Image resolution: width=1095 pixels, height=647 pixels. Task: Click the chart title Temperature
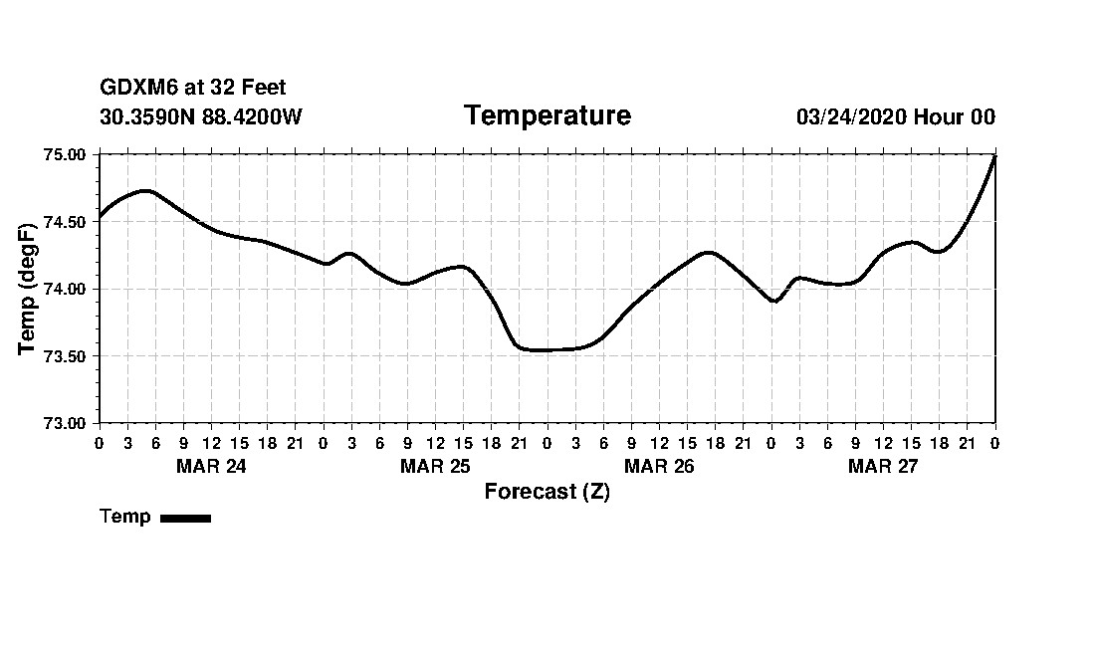tap(547, 116)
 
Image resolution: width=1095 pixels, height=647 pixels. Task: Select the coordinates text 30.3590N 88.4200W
tap(201, 116)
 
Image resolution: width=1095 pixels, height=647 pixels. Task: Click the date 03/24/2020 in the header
tap(851, 116)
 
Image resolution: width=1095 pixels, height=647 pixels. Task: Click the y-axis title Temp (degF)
tap(28, 289)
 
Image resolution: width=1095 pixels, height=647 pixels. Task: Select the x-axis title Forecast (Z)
tap(547, 492)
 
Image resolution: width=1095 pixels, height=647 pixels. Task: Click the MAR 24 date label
tap(211, 466)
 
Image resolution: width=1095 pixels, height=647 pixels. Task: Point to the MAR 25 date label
tap(435, 466)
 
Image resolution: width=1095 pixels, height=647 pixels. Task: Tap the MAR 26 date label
tap(659, 466)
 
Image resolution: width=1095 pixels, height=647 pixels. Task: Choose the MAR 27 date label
tap(883, 466)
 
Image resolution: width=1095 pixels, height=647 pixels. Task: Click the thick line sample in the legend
tap(185, 518)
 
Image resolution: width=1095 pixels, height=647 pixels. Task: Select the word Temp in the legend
tap(125, 517)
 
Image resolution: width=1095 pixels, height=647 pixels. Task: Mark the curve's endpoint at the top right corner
tap(994, 156)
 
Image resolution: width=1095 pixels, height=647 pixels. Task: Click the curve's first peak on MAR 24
tap(145, 190)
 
